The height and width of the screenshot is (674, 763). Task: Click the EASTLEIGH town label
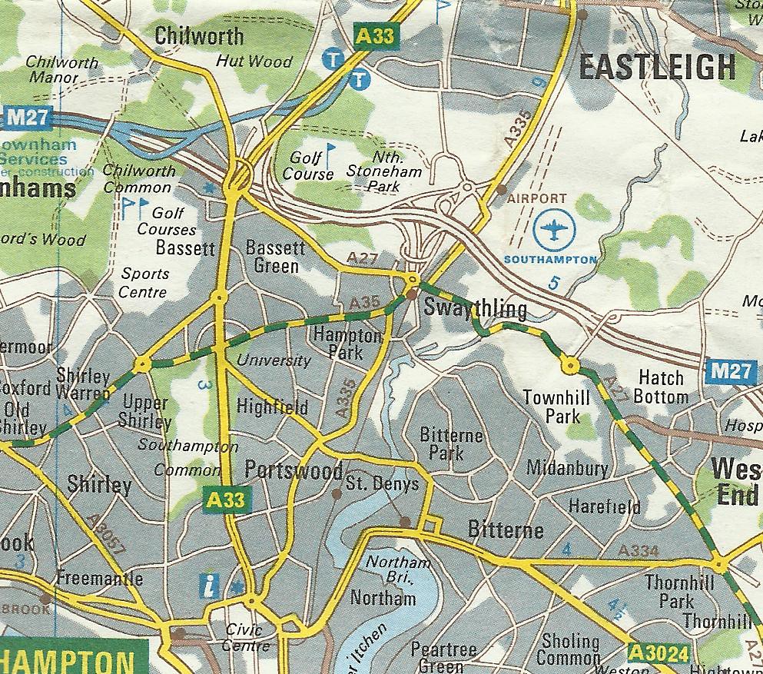tap(657, 68)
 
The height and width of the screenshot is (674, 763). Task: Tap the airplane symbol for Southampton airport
tap(552, 231)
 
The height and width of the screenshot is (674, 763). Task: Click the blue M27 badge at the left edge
tap(26, 117)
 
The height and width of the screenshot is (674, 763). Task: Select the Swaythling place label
tap(475, 309)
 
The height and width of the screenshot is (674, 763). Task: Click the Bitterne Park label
tap(452, 444)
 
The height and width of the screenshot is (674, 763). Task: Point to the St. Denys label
tap(382, 483)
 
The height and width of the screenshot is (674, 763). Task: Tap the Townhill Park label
tap(551, 407)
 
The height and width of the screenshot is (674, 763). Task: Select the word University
tap(274, 360)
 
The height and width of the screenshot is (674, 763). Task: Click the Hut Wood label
tap(254, 61)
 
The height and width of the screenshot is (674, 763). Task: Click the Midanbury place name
tap(567, 467)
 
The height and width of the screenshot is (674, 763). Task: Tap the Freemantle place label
tap(100, 579)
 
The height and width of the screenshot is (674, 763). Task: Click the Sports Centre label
tap(144, 282)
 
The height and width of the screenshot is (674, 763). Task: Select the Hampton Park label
tap(347, 344)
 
